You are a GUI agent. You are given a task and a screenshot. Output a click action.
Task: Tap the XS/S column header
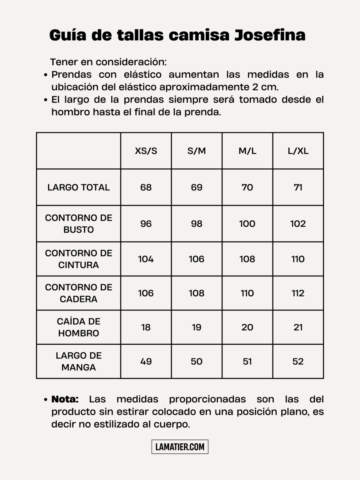tap(146, 151)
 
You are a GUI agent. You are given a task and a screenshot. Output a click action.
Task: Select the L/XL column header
tap(298, 151)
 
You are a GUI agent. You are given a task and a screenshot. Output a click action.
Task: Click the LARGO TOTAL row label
tap(78, 188)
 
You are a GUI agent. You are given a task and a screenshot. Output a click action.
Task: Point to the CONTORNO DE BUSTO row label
tap(78, 224)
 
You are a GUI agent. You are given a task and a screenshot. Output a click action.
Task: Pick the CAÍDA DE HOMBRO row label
tap(78, 327)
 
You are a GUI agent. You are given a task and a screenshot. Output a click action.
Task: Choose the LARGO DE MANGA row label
tap(78, 361)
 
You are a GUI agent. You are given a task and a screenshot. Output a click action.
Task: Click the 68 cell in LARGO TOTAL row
tap(146, 188)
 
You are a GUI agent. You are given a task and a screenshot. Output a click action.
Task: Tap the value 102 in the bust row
tap(298, 224)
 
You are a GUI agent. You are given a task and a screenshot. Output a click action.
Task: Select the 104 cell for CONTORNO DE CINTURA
tap(146, 259)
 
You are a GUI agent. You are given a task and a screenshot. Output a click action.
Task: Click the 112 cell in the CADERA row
tap(298, 293)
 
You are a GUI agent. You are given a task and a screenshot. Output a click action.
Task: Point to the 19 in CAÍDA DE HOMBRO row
tap(196, 327)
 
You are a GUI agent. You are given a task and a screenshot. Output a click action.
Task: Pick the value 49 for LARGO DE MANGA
tap(146, 362)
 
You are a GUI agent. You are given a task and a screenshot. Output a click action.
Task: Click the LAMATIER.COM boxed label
tap(180, 447)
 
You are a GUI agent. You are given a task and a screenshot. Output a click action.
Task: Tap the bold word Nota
tap(65, 399)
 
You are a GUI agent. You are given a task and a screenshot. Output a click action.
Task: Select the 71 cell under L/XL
tap(298, 188)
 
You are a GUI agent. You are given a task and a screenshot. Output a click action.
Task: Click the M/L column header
tap(247, 151)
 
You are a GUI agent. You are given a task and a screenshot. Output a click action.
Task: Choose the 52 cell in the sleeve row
tap(298, 362)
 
